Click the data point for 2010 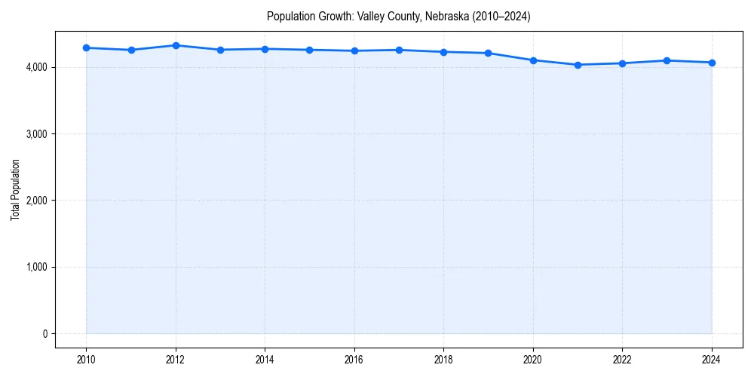[87, 48]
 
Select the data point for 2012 [176, 45]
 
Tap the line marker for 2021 [578, 65]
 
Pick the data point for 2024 [712, 63]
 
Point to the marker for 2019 [489, 53]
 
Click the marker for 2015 [310, 50]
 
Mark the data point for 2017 [399, 50]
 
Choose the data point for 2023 [667, 60]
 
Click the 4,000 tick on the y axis [36, 68]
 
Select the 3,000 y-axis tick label [36, 134]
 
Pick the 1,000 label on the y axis [36, 267]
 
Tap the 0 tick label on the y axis [44, 334]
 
